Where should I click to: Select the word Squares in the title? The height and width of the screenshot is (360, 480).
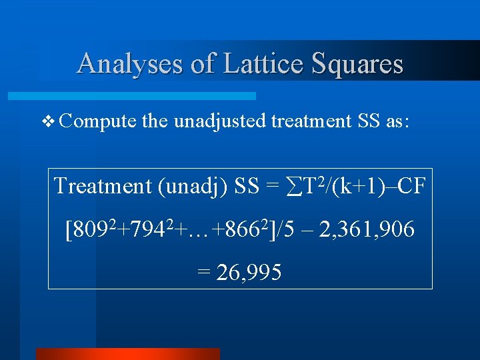point(359,64)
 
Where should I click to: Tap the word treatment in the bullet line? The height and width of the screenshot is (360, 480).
point(309,121)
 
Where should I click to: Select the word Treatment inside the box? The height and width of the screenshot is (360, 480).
point(103,186)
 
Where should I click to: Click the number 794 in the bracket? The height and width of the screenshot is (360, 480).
point(144,231)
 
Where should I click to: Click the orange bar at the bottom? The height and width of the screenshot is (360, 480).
point(127,353)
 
